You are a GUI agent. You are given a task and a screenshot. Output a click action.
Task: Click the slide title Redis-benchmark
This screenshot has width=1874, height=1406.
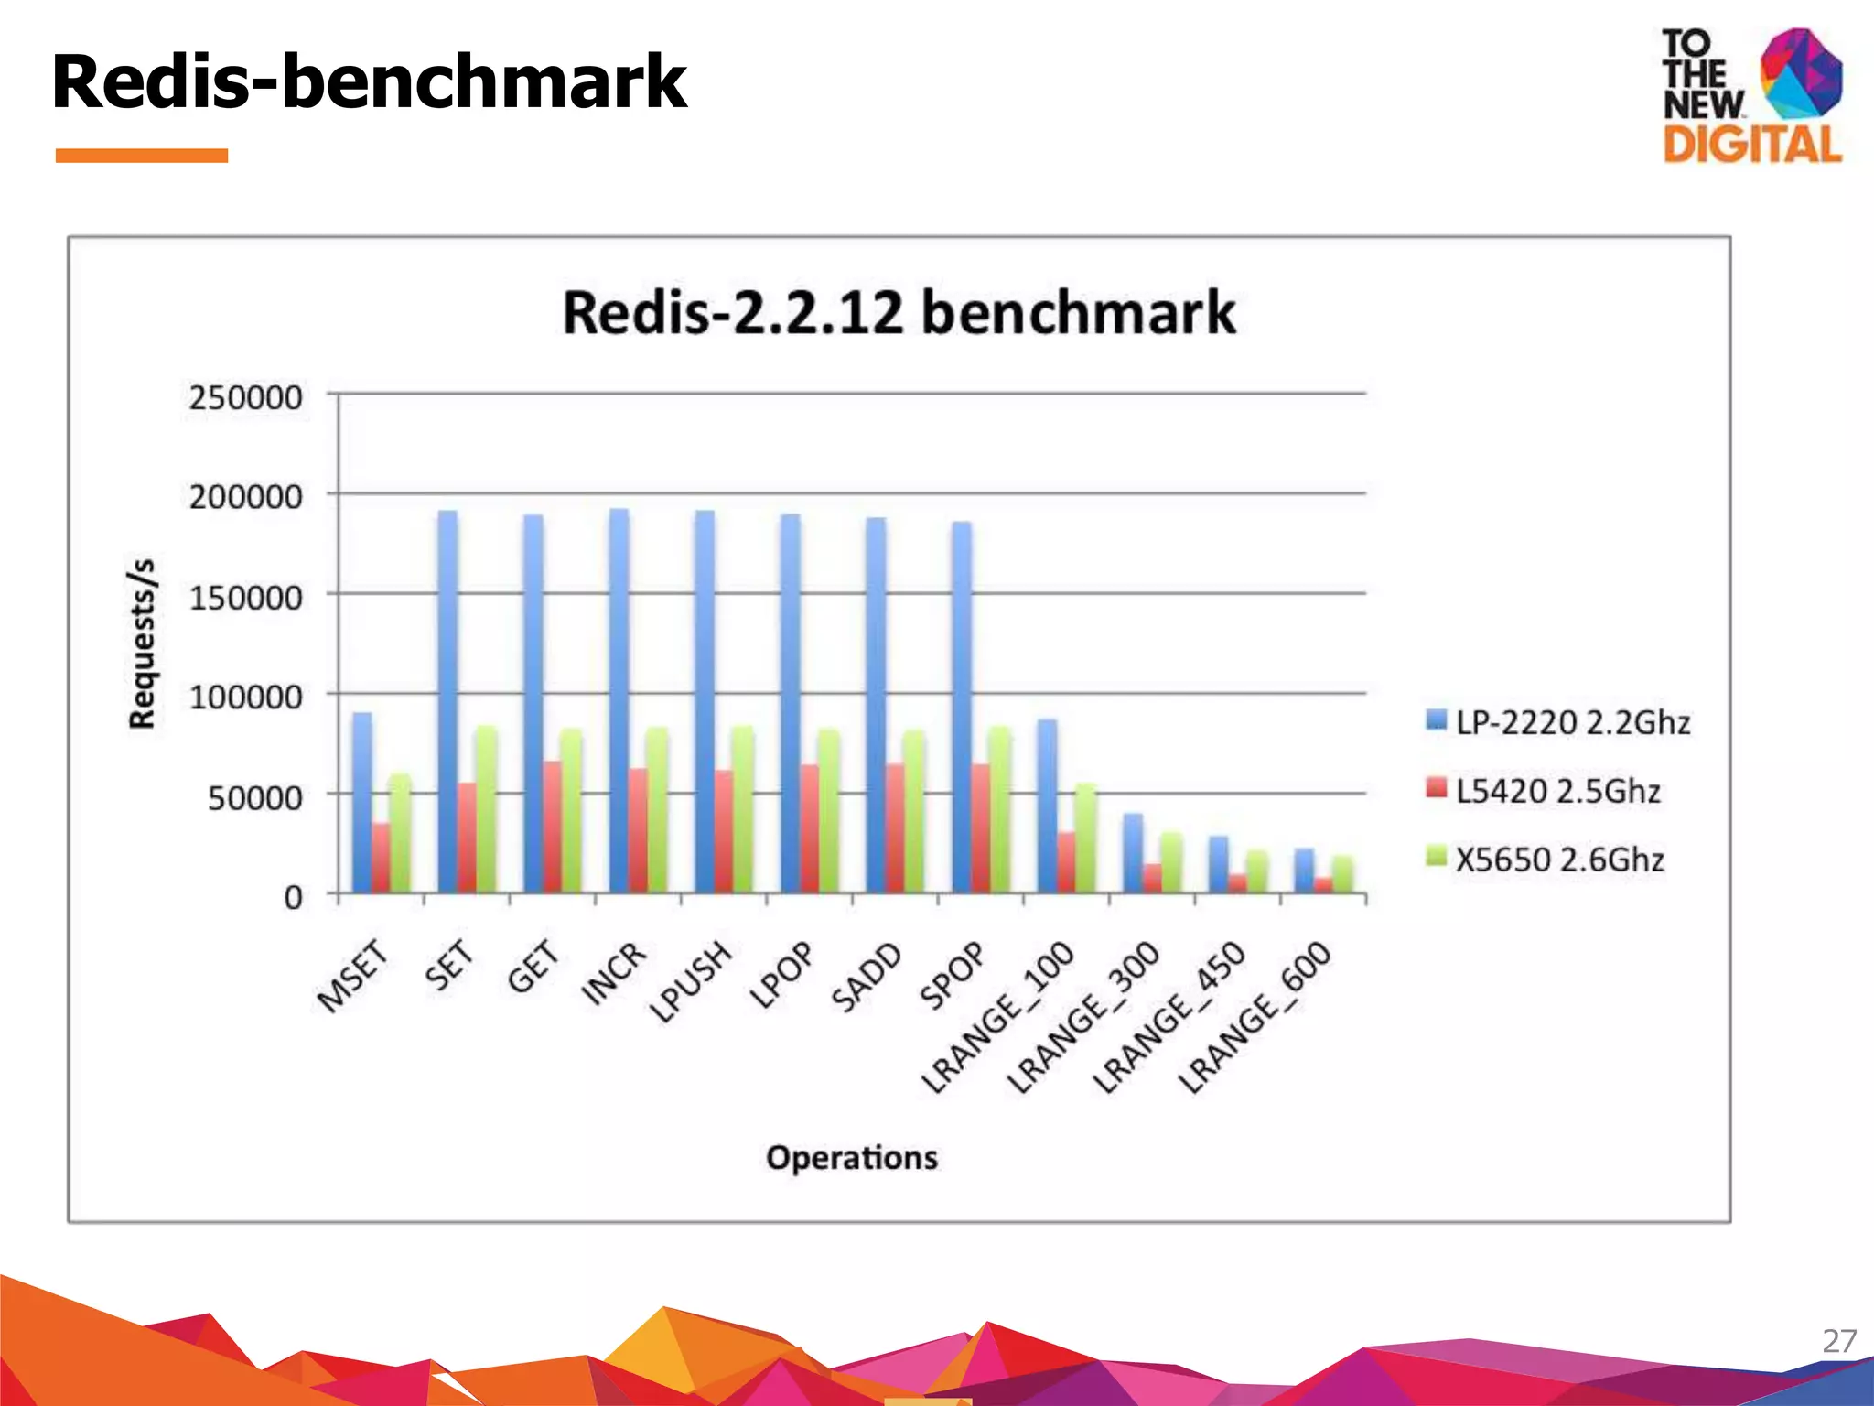click(x=369, y=82)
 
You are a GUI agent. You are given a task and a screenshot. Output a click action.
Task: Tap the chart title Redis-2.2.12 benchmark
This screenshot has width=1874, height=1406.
click(x=899, y=313)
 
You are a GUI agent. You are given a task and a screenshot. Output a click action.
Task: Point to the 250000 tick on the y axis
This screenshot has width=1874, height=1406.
click(x=245, y=398)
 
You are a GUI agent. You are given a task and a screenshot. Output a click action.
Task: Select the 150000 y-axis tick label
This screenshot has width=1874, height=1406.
click(x=245, y=598)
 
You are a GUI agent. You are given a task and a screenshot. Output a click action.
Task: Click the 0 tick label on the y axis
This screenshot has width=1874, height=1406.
click(x=292, y=897)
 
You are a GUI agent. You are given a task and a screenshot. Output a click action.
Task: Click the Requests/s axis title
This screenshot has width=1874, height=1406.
click(x=142, y=644)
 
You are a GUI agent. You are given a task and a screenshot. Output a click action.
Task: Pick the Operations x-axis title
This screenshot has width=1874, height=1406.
click(x=852, y=1158)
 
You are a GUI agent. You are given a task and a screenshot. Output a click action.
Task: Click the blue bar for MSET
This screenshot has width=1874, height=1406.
click(x=362, y=803)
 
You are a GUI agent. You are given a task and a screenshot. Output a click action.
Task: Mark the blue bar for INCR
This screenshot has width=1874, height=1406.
click(x=619, y=701)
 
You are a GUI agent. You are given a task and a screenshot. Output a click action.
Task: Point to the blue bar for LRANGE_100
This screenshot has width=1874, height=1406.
click(x=1047, y=806)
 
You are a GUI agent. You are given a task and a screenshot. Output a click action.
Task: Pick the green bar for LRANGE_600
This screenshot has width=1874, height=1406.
click(x=1342, y=874)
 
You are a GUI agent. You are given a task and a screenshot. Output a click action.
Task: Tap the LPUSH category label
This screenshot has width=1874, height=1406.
click(x=693, y=980)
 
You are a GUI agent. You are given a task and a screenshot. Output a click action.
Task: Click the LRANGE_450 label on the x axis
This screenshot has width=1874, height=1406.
click(x=1170, y=1016)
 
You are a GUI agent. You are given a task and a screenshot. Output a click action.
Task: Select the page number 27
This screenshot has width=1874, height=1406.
click(x=1838, y=1341)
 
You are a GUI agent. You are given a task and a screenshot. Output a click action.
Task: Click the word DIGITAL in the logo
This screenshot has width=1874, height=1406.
click(x=1751, y=145)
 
